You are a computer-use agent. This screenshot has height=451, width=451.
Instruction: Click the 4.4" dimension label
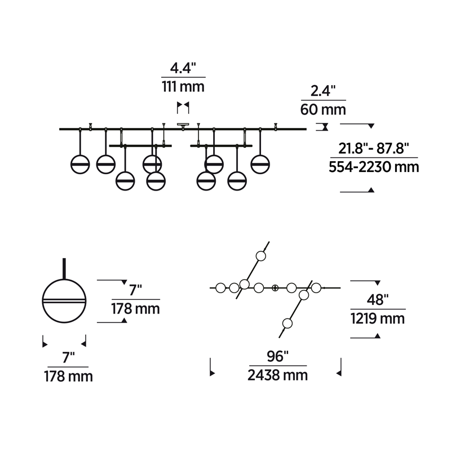pos(183,68)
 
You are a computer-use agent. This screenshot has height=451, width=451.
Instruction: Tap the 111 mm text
pos(183,87)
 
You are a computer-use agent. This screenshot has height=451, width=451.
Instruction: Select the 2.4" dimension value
pos(323,91)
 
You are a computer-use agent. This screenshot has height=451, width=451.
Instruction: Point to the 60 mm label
pos(323,109)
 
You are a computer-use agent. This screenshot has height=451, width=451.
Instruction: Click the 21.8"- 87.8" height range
pos(374,149)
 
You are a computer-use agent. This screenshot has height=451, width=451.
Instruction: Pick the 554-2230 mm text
pos(374,167)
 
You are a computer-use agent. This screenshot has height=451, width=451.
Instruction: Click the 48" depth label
pos(378,300)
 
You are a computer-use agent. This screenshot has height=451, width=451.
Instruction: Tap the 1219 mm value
pos(378,319)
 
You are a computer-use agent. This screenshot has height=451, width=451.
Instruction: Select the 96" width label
pos(277,356)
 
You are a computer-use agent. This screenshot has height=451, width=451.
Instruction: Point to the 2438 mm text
pos(277,375)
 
